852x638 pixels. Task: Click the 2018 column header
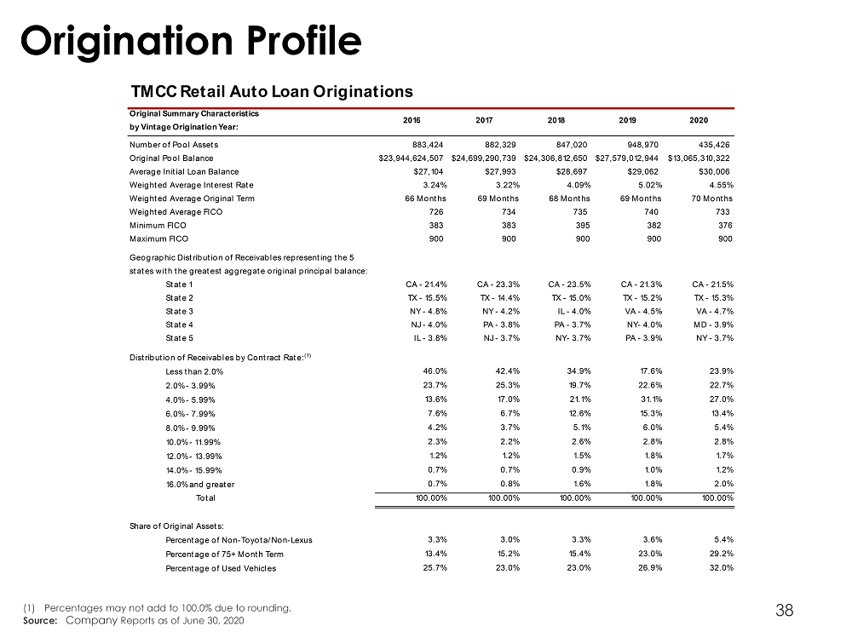point(556,120)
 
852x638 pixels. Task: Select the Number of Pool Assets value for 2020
point(714,145)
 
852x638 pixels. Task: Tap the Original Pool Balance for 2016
point(411,158)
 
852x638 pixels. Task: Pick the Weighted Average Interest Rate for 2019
point(650,185)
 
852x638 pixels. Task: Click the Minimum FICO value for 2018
point(583,225)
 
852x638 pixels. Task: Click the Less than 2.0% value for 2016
point(435,371)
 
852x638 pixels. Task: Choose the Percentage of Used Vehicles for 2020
point(722,568)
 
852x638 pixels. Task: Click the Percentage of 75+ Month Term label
point(224,555)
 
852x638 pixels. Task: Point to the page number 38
point(784,610)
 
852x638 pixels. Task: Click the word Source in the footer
point(40,621)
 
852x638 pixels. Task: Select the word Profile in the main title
point(304,42)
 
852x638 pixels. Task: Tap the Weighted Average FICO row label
point(176,212)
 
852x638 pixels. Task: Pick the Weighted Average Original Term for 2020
point(711,198)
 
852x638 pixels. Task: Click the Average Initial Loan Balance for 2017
point(500,172)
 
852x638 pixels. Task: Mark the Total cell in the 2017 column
point(504,497)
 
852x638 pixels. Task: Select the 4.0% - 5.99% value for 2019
point(650,399)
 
